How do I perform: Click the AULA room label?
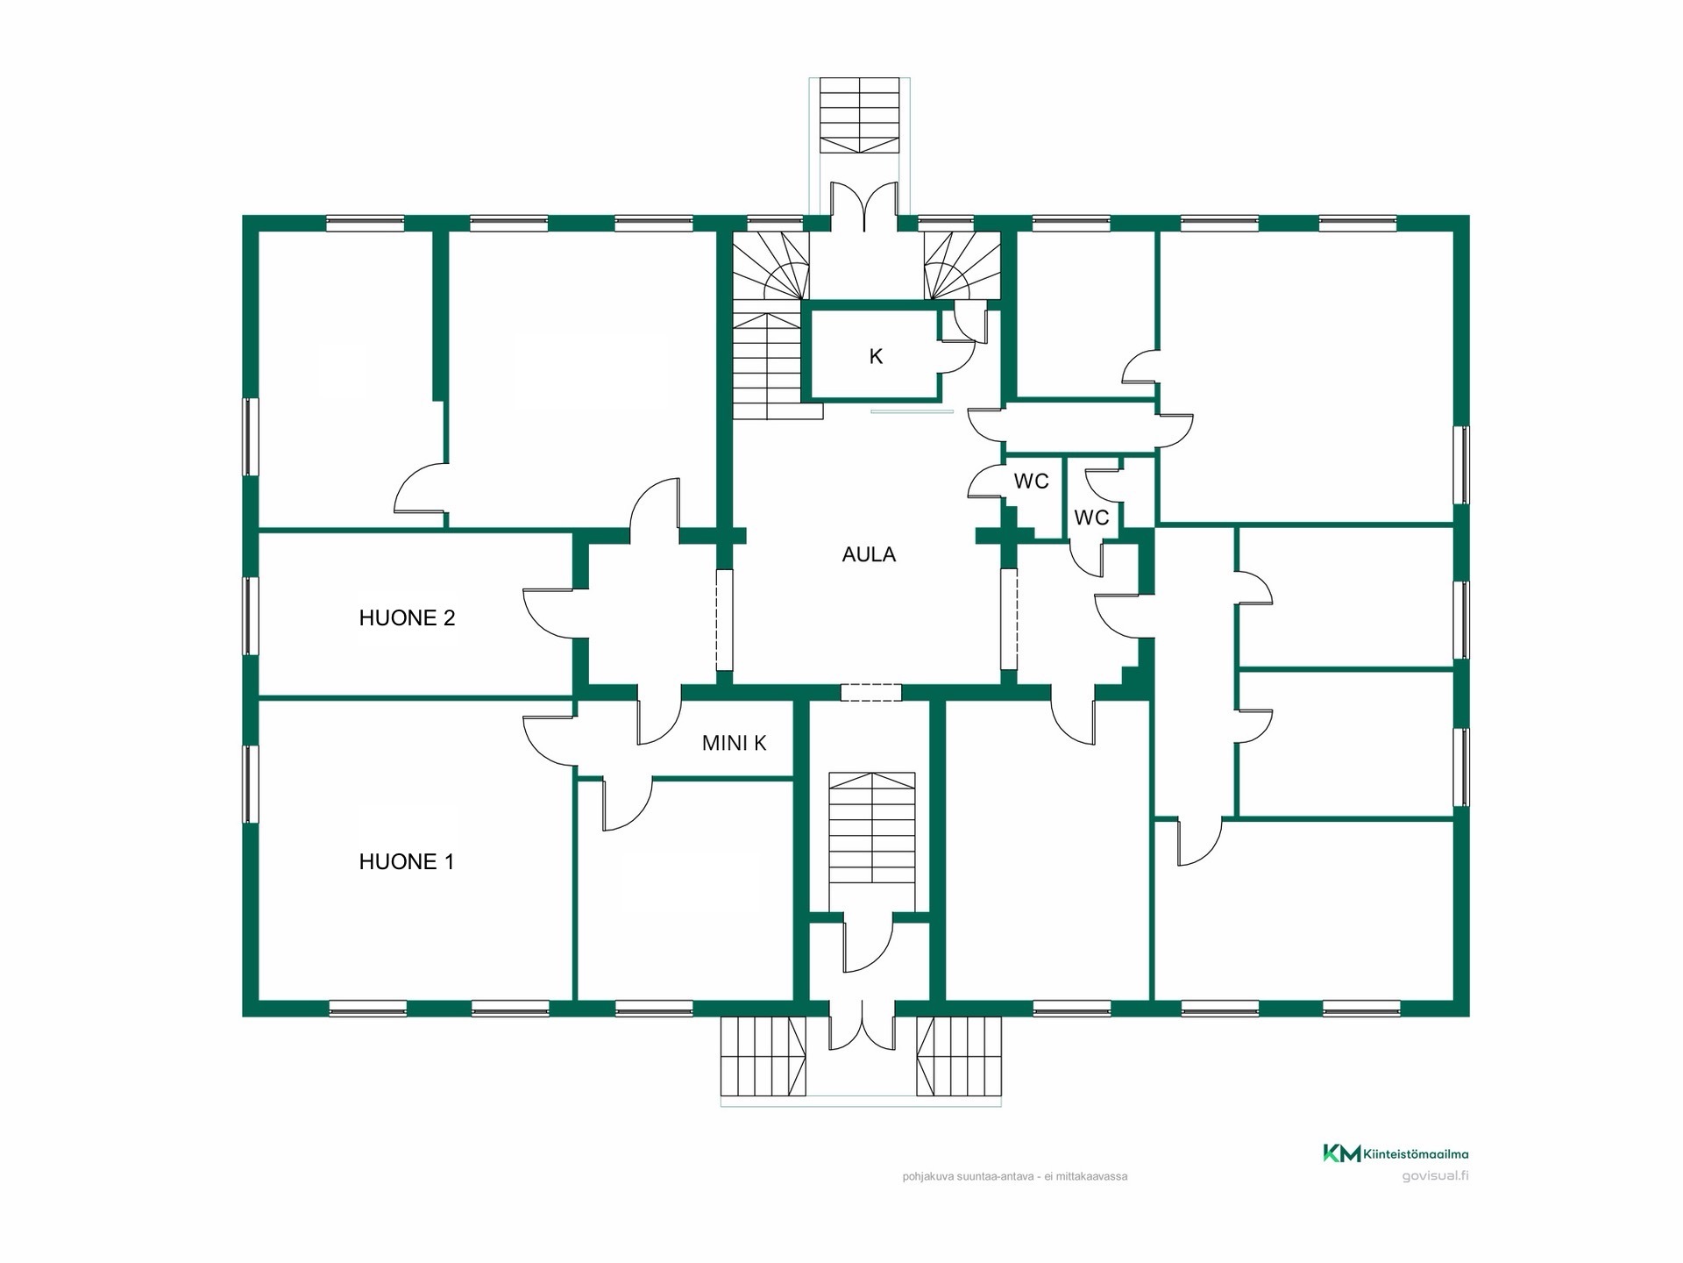pyautogui.click(x=869, y=554)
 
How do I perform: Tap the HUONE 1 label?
pyautogui.click(x=407, y=862)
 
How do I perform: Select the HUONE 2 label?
pyautogui.click(x=407, y=618)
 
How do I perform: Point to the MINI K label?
pyautogui.click(x=734, y=743)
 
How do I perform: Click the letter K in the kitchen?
pyautogui.click(x=876, y=356)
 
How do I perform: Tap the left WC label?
pyautogui.click(x=1031, y=482)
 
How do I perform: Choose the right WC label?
pyautogui.click(x=1091, y=517)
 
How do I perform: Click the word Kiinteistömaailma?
pyautogui.click(x=1417, y=1154)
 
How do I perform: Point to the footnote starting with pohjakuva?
pyautogui.click(x=1014, y=1176)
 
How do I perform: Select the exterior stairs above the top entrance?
pyautogui.click(x=860, y=116)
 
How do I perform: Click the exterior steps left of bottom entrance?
pyautogui.click(x=763, y=1056)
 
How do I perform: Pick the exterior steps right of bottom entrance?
pyautogui.click(x=959, y=1056)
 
